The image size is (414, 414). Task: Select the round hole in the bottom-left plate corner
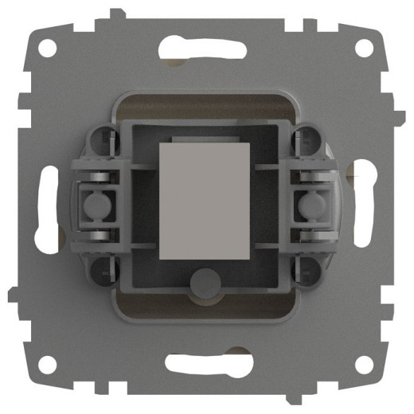(x=49, y=365)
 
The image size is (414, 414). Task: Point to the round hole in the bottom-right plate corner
(x=365, y=365)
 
